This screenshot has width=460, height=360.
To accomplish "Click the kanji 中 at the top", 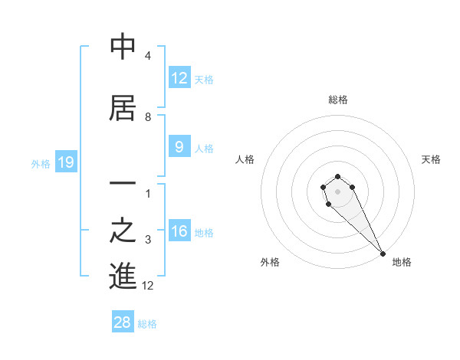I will pos(123,47).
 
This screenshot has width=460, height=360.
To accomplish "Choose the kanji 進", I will pos(123,277).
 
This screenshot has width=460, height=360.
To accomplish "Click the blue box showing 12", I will pos(179,78).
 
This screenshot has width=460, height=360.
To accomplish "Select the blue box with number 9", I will pos(179,147).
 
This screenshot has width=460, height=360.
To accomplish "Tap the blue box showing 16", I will pos(179,231).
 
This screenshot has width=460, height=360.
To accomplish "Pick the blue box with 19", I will pos(65,162).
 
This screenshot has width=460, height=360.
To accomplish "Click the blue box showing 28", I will pos(123,322).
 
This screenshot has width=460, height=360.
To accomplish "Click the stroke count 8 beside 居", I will pos(147,117).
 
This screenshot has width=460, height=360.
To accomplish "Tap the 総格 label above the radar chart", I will pos(337,100).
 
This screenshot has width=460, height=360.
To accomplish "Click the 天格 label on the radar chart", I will pos(431,159).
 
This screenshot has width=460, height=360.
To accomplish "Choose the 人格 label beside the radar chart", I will pos(245,159).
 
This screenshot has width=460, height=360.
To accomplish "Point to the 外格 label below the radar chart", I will pos(269,263).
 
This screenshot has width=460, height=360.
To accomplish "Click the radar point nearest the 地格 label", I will pos(383,254).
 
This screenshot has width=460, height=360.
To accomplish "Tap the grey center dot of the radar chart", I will pos(337,191).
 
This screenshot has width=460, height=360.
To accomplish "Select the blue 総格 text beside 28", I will pos(147,324).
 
